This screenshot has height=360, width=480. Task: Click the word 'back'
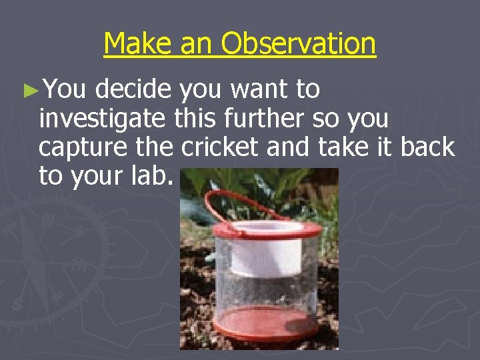427,147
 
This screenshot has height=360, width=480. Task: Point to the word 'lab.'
155,177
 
